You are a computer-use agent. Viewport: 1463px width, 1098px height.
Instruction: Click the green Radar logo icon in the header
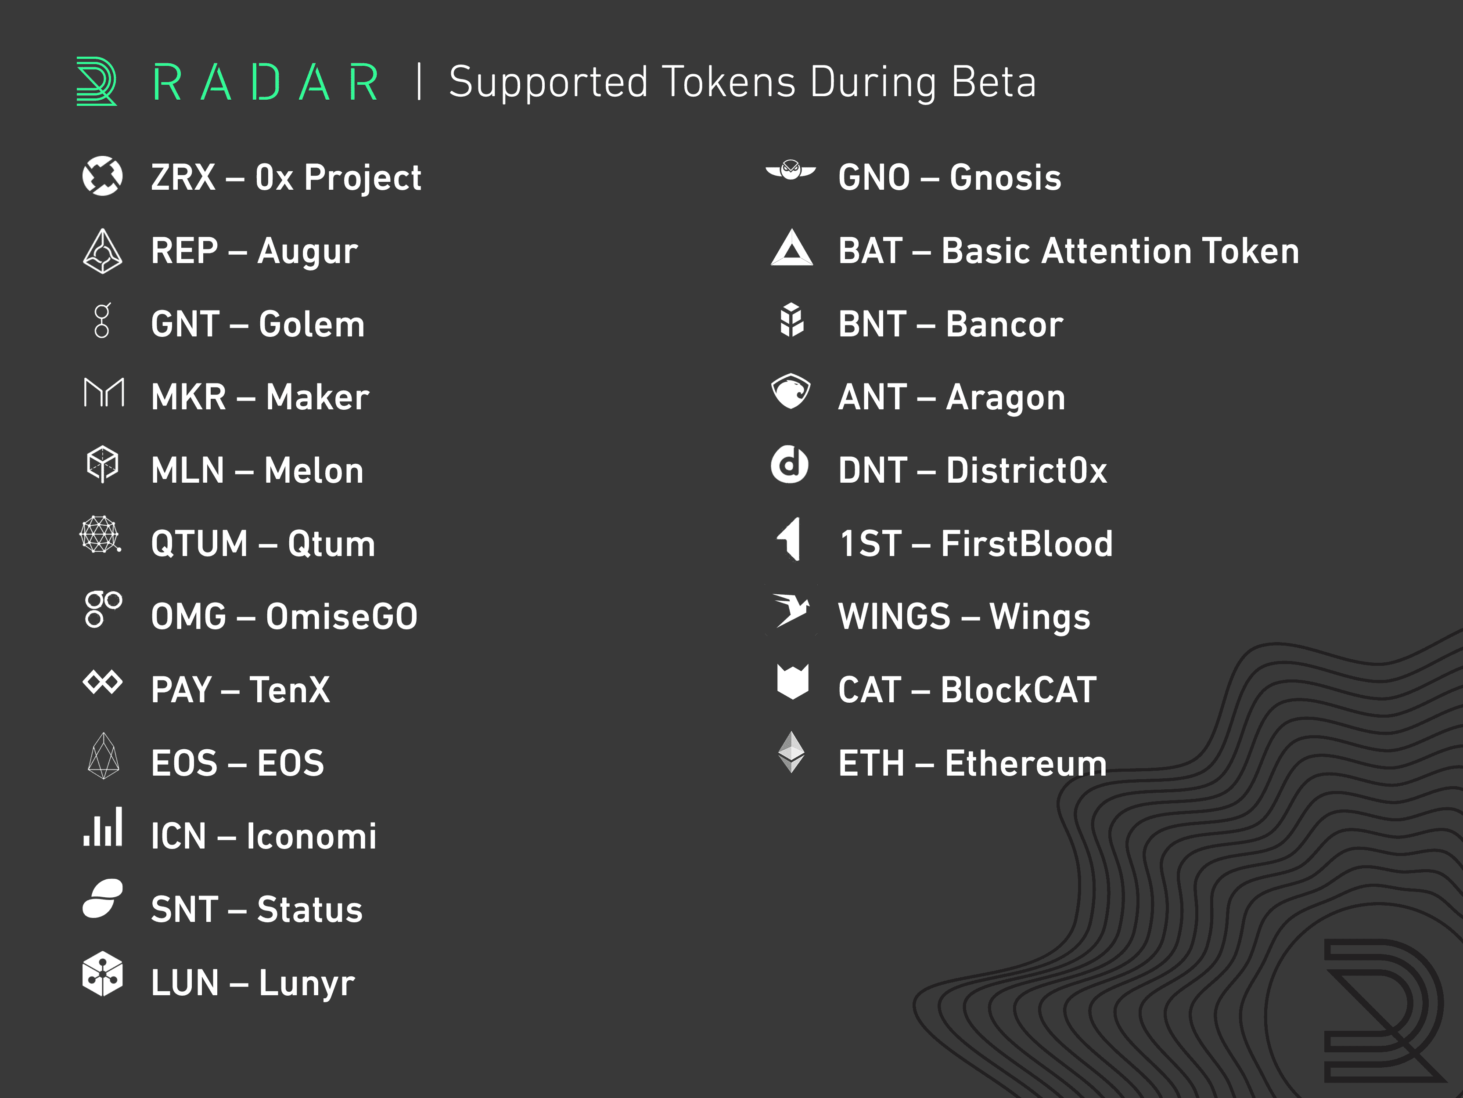97,81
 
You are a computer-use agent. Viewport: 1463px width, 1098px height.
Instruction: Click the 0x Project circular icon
103,176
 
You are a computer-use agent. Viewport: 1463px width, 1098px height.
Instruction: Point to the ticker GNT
185,324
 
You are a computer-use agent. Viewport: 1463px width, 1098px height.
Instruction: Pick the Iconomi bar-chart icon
103,826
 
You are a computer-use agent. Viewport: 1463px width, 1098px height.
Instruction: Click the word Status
309,910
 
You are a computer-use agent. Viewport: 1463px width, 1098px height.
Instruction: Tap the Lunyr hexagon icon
103,974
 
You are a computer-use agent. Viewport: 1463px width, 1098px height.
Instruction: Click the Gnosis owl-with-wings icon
791,170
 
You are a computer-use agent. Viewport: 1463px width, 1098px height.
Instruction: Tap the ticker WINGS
894,617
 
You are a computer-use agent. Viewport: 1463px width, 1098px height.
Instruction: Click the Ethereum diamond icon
791,752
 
